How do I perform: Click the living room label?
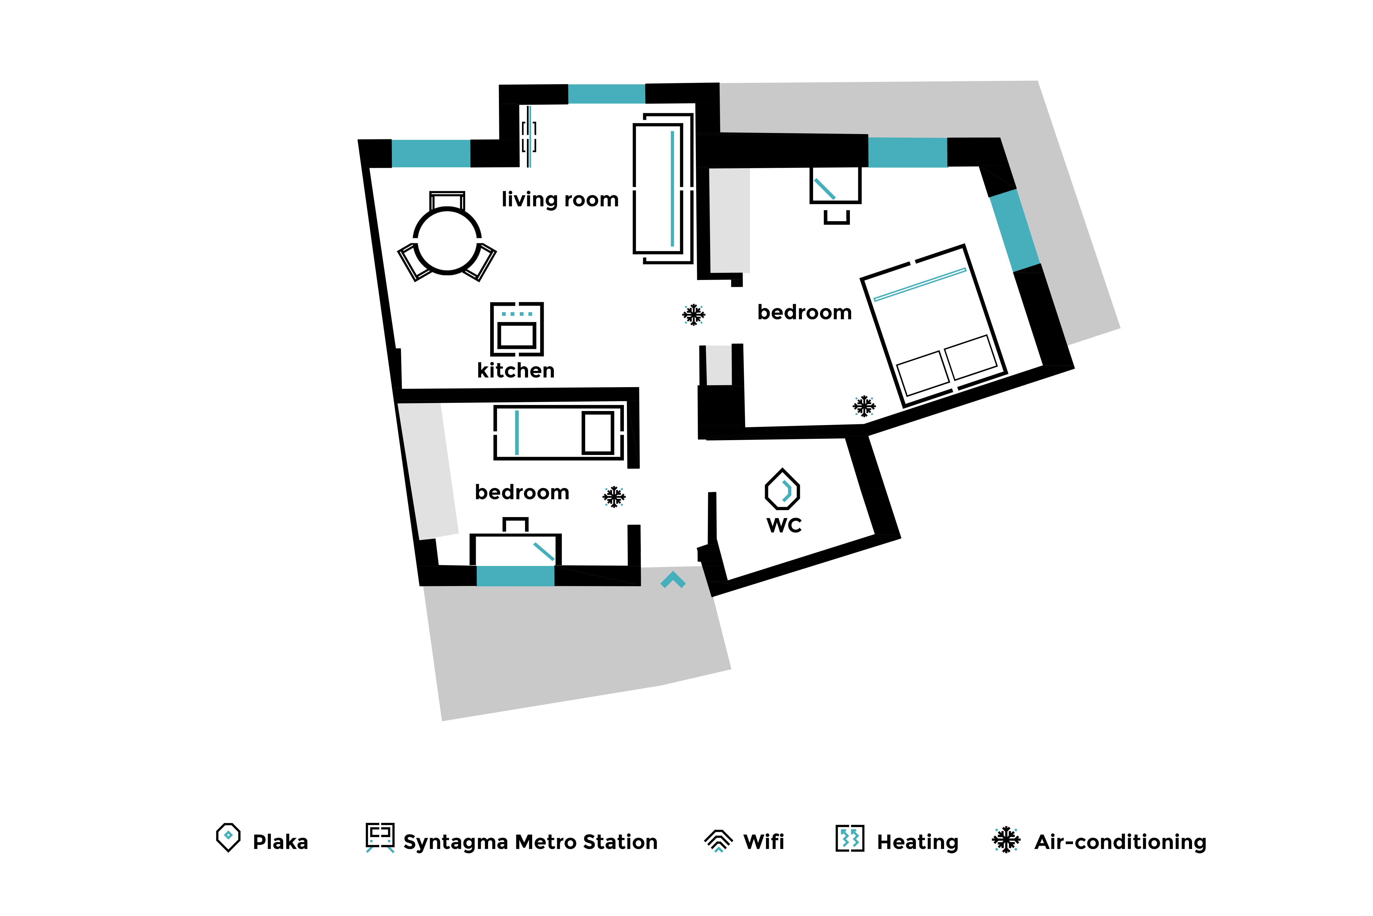pos(560,200)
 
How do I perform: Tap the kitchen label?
pos(515,370)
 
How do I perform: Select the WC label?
pos(784,525)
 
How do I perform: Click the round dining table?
pos(447,241)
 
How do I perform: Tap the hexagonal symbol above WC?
pos(782,490)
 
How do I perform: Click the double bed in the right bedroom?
pos(934,325)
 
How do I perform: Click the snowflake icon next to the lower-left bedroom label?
pos(614,496)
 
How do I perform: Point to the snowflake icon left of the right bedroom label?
pos(694,314)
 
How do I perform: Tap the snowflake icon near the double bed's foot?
pos(864,406)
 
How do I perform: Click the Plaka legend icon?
pos(228,837)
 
